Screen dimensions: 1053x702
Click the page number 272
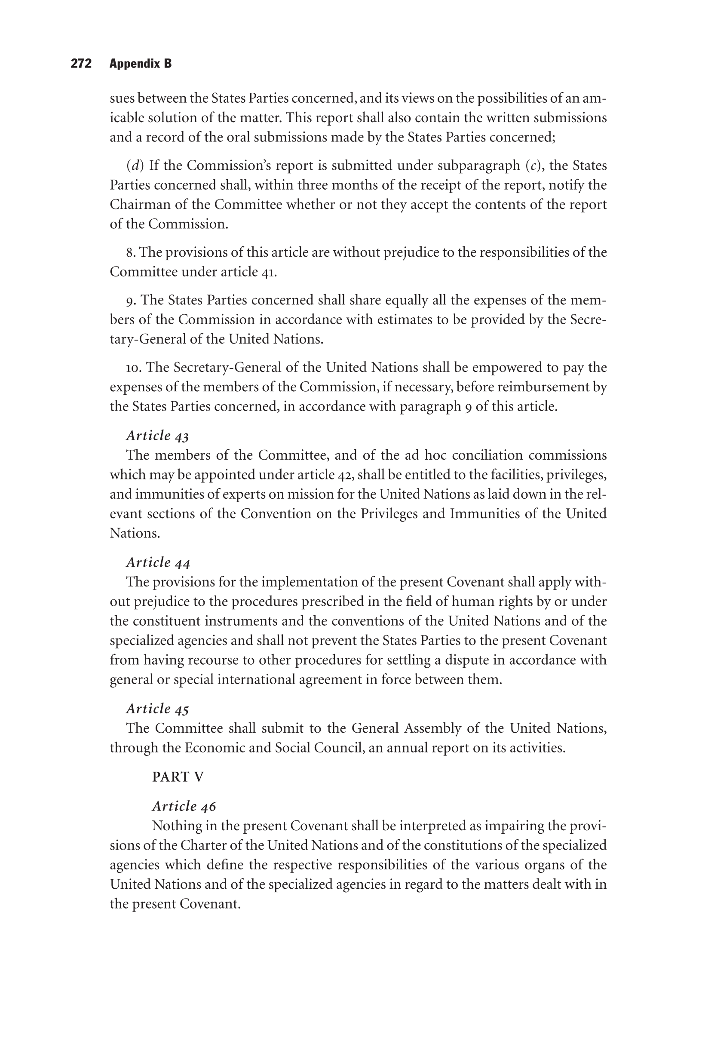[81, 64]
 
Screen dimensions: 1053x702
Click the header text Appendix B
[140, 64]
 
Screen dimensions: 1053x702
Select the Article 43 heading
[158, 436]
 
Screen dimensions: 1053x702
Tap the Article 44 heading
[158, 562]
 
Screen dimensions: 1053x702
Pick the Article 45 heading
[158, 709]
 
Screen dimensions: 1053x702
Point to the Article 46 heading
[184, 806]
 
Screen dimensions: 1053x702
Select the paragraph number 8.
[130, 253]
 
